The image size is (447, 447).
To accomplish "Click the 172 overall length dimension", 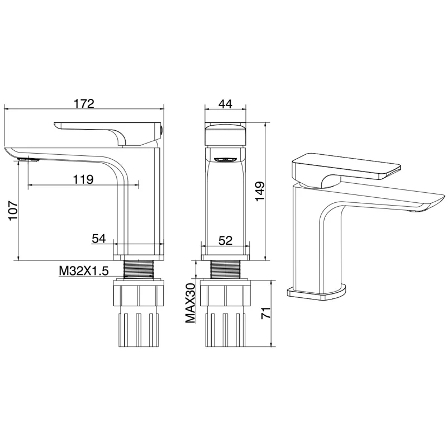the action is click(x=84, y=103).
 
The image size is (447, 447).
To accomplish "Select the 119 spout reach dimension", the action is click(x=83, y=179).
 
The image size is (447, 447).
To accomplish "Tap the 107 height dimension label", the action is click(x=13, y=211).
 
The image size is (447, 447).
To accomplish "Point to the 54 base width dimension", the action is click(x=99, y=239).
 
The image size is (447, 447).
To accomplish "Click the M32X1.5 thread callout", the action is click(x=84, y=271).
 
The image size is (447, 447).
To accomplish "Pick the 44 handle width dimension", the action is click(x=226, y=104).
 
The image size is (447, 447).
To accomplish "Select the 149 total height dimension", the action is click(x=260, y=191).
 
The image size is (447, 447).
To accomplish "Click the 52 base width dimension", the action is click(x=225, y=241).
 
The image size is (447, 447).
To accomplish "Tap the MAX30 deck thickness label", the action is click(x=191, y=303).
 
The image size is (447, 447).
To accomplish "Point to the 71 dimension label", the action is click(x=266, y=313).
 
